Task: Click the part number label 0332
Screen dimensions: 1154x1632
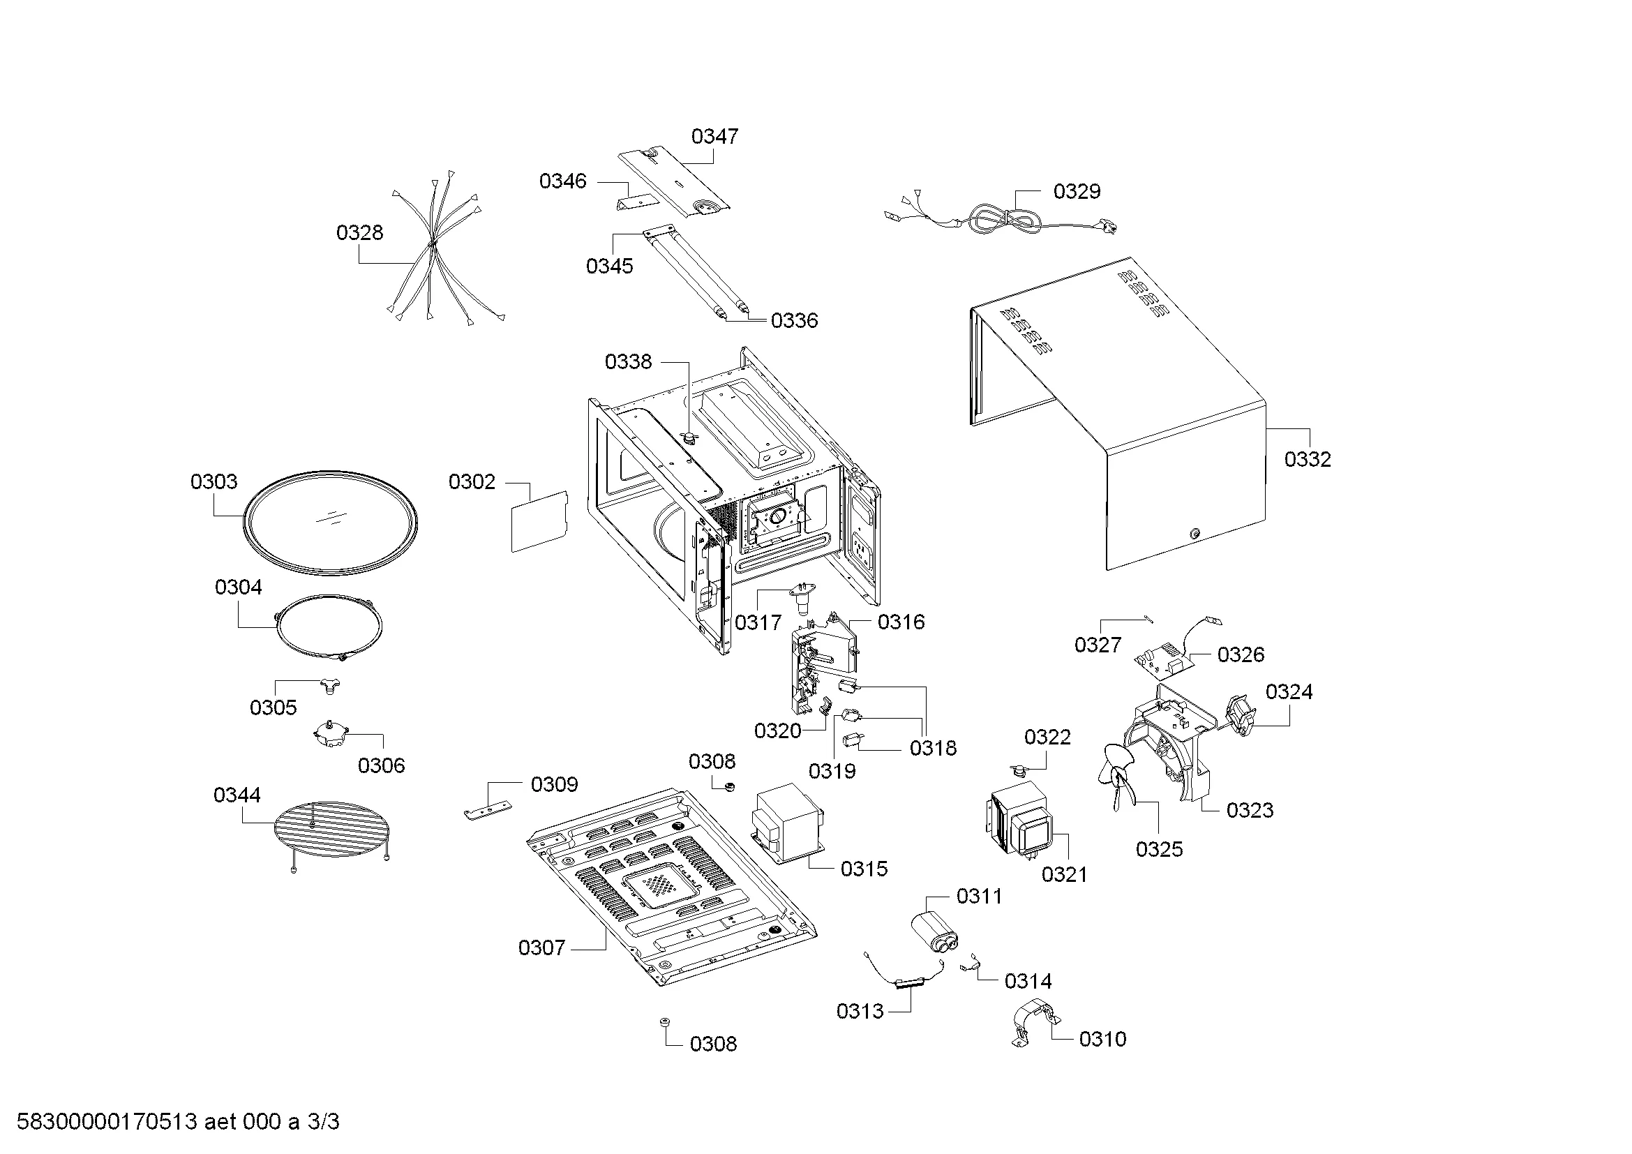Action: pos(1307,460)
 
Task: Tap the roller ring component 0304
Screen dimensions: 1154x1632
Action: pos(329,626)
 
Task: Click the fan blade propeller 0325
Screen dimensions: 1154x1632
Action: pos(1118,774)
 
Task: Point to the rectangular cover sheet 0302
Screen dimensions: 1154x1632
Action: pos(540,521)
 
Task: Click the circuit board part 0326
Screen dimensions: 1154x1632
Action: pos(1162,662)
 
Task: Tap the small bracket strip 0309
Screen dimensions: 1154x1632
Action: pos(488,811)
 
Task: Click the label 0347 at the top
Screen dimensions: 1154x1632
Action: pos(714,137)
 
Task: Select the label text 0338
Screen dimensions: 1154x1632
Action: pos(628,362)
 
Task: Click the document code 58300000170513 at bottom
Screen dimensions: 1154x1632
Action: pos(107,1122)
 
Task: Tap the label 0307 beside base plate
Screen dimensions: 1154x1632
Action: pos(541,948)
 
